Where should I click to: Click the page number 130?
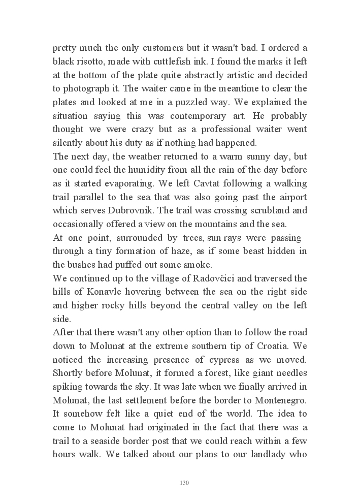point(184,482)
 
